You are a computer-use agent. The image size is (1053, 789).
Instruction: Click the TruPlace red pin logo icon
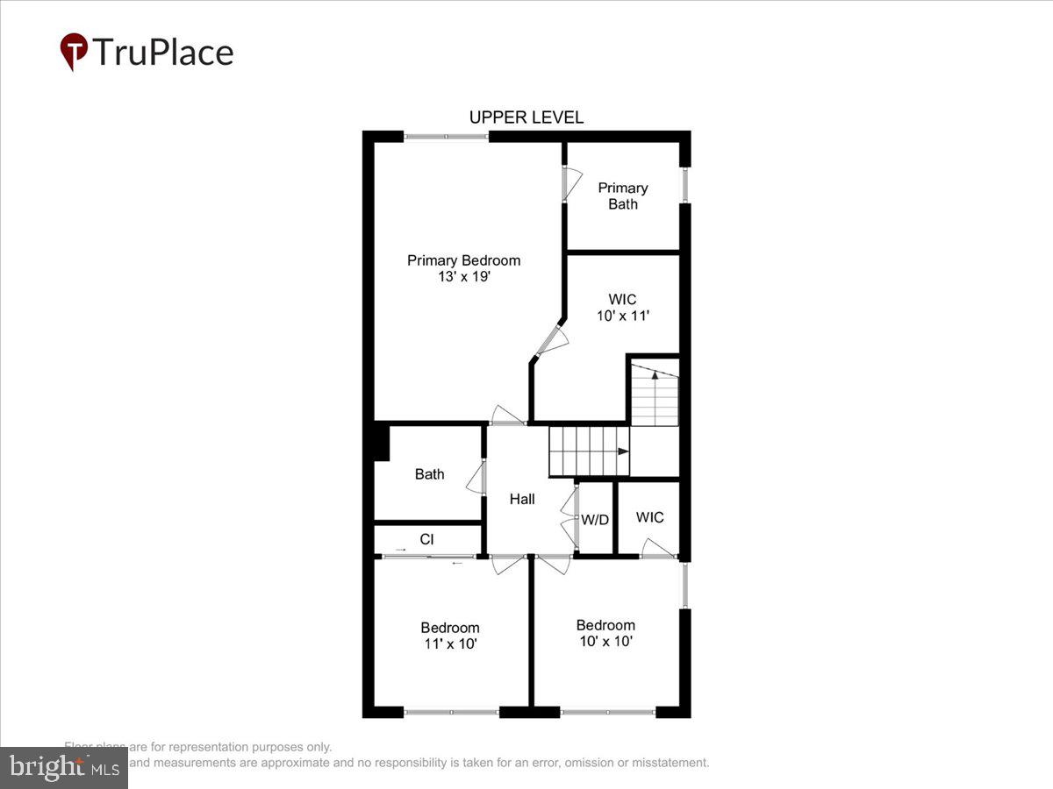click(x=74, y=51)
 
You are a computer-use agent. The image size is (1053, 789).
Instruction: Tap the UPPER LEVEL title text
click(x=526, y=117)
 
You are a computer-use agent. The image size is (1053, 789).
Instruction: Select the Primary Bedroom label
click(x=463, y=260)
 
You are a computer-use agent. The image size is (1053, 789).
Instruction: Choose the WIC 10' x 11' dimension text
click(x=622, y=316)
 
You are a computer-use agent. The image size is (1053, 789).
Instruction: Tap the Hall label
click(x=522, y=499)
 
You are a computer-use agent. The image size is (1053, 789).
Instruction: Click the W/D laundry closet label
click(x=595, y=519)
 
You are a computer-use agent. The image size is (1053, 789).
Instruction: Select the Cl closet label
click(x=426, y=539)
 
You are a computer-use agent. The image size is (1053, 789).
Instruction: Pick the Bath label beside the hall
click(x=429, y=474)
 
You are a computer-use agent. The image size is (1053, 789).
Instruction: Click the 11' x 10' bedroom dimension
click(x=449, y=643)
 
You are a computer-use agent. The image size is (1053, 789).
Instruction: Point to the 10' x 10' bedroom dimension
click(x=605, y=641)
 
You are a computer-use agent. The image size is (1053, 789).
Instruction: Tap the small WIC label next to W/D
click(x=649, y=517)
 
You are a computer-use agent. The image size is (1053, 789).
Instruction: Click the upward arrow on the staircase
click(x=655, y=377)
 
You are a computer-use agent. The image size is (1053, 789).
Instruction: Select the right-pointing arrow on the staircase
click(x=621, y=451)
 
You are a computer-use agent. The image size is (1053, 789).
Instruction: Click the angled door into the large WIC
click(x=552, y=338)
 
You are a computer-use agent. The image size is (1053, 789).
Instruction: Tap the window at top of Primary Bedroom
click(x=446, y=136)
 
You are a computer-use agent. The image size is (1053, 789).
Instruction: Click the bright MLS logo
click(x=63, y=768)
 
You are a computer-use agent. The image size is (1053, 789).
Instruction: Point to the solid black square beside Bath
click(x=379, y=442)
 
